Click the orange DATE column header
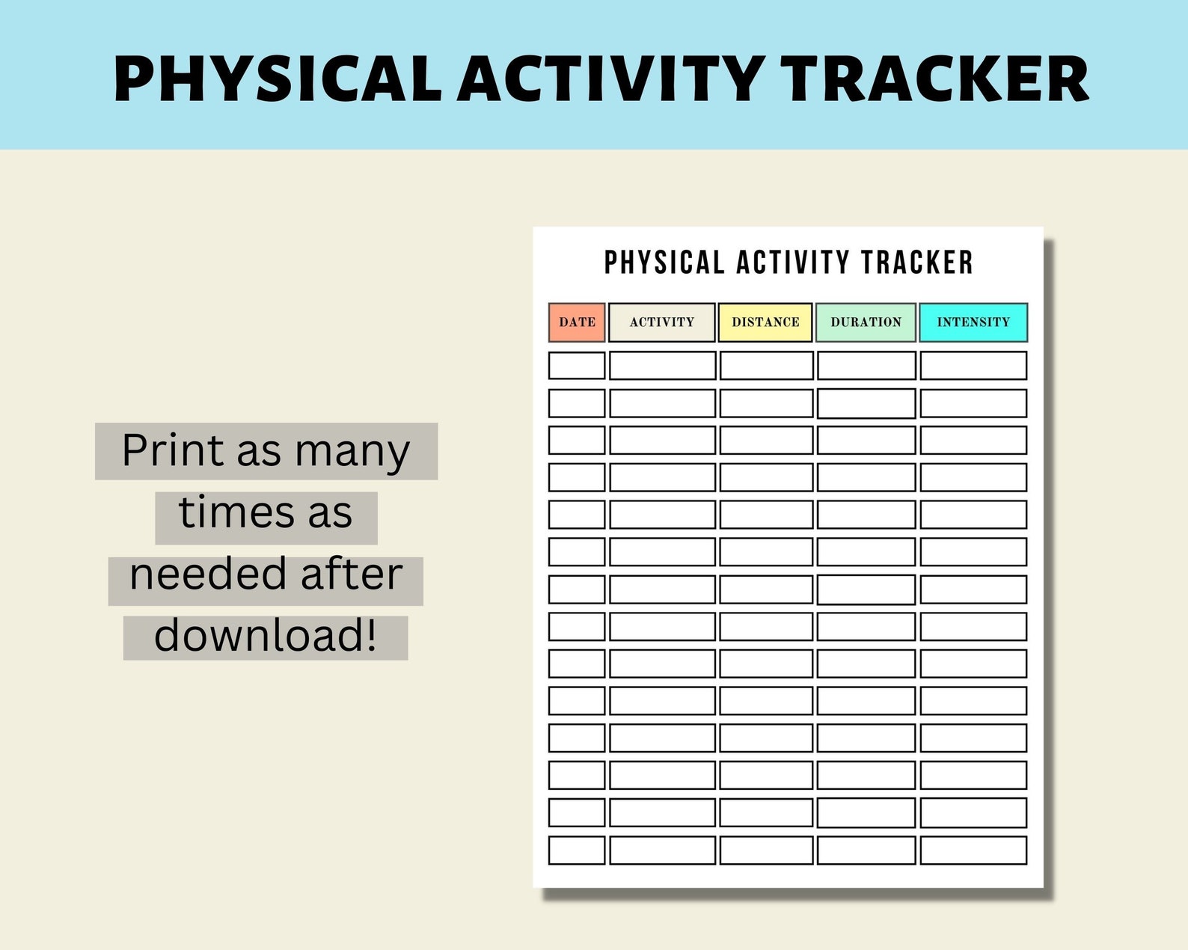576,322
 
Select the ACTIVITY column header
662,322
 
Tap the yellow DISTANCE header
765,322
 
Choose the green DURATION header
866,322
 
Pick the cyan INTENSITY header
973,322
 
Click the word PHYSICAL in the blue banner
278,79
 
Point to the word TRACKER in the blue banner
934,79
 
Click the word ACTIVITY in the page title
793,263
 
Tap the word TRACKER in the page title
917,263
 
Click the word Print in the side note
173,450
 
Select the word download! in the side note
266,636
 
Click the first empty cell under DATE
576,366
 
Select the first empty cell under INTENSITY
973,366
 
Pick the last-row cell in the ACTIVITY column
662,851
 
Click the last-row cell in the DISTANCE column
766,851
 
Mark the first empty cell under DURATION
866,366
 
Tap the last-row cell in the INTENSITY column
973,851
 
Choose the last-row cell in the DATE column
576,851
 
